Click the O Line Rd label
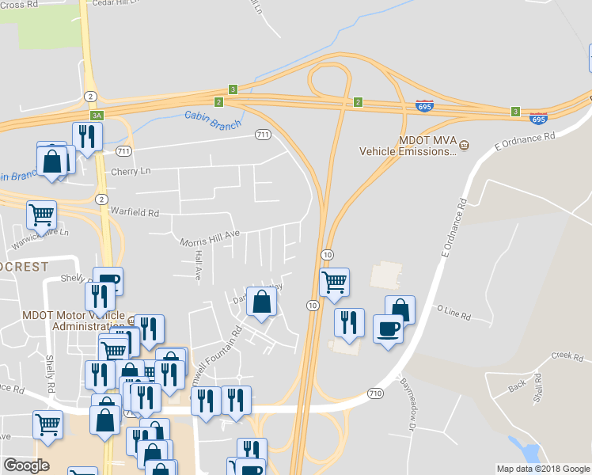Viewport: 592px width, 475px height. [453, 313]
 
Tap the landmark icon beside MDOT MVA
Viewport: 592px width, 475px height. [465, 144]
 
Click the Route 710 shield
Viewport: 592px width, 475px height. [376, 393]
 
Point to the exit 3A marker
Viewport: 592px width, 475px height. [97, 116]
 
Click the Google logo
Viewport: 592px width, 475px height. [26, 465]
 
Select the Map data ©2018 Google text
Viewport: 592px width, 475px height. [542, 469]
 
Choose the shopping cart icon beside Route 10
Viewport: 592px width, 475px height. [335, 281]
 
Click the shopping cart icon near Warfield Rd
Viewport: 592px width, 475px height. [41, 214]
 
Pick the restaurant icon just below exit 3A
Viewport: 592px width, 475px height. [86, 136]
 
